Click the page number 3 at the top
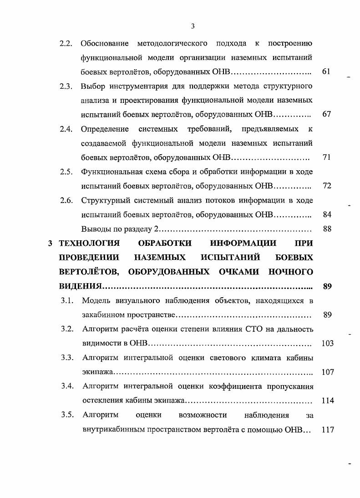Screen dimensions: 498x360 (x=193, y=26)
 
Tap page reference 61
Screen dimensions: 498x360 (x=326, y=71)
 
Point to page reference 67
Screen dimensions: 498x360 (x=326, y=114)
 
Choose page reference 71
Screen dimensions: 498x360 (x=326, y=157)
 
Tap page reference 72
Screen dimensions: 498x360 (x=326, y=186)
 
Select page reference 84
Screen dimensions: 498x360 (x=326, y=214)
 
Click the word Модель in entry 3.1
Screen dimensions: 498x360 (x=96, y=300)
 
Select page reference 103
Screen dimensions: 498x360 (x=327, y=343)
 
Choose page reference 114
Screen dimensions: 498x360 (x=327, y=401)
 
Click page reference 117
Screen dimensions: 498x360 (x=327, y=429)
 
